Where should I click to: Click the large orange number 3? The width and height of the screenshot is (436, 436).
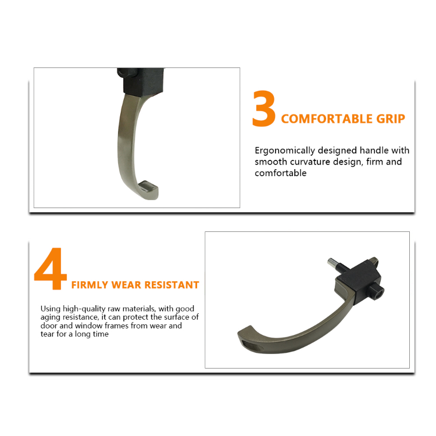[x=264, y=109]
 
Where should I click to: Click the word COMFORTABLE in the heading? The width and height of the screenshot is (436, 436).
[x=327, y=119]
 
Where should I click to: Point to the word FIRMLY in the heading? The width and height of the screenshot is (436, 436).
[x=90, y=285]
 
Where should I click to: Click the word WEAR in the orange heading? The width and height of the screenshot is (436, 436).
[x=128, y=285]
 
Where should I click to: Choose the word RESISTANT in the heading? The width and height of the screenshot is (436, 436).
[x=173, y=285]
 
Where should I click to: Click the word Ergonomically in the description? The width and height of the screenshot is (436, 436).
[x=284, y=151]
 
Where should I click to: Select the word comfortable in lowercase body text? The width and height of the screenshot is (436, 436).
[x=280, y=173]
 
